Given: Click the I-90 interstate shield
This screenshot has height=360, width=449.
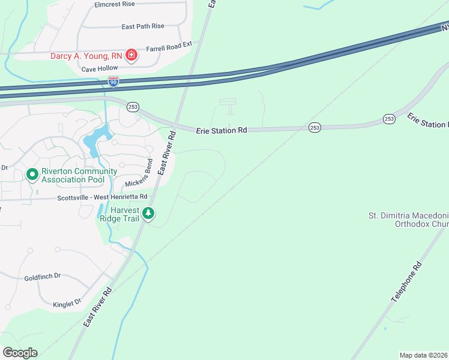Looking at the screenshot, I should (113, 80).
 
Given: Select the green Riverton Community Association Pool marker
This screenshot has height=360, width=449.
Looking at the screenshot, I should (32, 175).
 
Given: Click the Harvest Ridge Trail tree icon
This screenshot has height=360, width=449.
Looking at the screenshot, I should (148, 213).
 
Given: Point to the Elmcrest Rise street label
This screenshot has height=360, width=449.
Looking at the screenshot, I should (114, 4).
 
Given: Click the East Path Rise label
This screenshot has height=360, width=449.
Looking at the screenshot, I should (142, 26).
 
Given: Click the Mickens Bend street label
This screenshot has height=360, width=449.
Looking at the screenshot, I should (139, 175).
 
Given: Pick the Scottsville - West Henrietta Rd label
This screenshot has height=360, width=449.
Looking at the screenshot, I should (102, 197).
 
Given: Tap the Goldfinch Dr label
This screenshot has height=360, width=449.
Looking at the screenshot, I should (43, 277).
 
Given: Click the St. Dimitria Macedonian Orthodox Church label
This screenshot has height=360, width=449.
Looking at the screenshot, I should (408, 220).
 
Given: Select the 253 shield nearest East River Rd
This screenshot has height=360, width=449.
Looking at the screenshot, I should (133, 107).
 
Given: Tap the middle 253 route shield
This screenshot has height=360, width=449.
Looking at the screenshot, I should (315, 127).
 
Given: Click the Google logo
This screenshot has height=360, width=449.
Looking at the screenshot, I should (20, 353).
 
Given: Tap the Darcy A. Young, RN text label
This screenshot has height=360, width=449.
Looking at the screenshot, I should (86, 56).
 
